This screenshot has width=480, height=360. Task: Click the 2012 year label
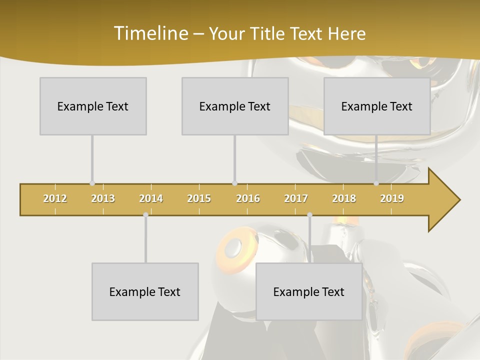point(55,198)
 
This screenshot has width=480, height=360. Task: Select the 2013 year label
point(103,198)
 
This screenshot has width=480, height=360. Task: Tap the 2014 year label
point(151,198)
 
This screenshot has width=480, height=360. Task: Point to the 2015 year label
point(199,198)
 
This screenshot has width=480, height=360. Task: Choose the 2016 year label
point(248,198)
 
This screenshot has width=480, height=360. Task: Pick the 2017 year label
point(296,198)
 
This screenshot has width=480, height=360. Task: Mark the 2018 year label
point(344,198)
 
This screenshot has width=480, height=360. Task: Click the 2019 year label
point(392,198)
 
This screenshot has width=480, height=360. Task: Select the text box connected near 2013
point(93,106)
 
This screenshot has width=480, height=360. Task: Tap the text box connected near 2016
point(235,106)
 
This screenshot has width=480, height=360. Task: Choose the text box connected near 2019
point(377,106)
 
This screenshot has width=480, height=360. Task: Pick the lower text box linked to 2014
point(145,291)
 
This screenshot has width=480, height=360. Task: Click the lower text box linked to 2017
point(309,291)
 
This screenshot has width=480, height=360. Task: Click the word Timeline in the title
point(150,33)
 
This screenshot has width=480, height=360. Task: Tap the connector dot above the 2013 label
point(92,183)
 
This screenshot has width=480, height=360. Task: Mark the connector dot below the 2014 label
point(145,215)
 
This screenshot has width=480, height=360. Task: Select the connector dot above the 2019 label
point(376,183)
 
